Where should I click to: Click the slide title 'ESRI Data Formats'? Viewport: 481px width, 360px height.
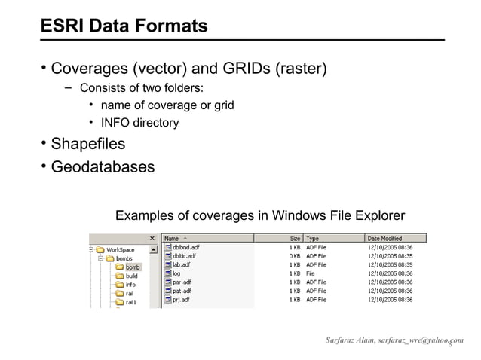coord(124,26)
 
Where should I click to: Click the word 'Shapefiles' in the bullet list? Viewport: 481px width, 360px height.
coord(87,143)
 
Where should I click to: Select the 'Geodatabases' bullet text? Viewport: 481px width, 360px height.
coord(103,166)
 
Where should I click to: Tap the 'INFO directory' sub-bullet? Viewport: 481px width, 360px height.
coord(139,123)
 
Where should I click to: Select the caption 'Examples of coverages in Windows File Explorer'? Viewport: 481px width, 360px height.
coord(259,216)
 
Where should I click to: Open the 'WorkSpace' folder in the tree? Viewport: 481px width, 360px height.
coord(120,249)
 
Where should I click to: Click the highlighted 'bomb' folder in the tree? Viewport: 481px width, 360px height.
coord(133,267)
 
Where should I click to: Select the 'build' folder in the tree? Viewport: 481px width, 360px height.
coord(131,276)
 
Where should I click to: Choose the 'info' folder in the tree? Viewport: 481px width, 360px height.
coord(130,285)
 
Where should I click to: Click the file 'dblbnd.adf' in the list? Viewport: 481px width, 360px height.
coord(185,247)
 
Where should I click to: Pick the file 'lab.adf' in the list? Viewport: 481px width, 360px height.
coord(181,264)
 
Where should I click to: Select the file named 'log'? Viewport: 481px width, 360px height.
coord(176,273)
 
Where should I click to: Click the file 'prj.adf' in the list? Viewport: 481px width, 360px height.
coord(181,300)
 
